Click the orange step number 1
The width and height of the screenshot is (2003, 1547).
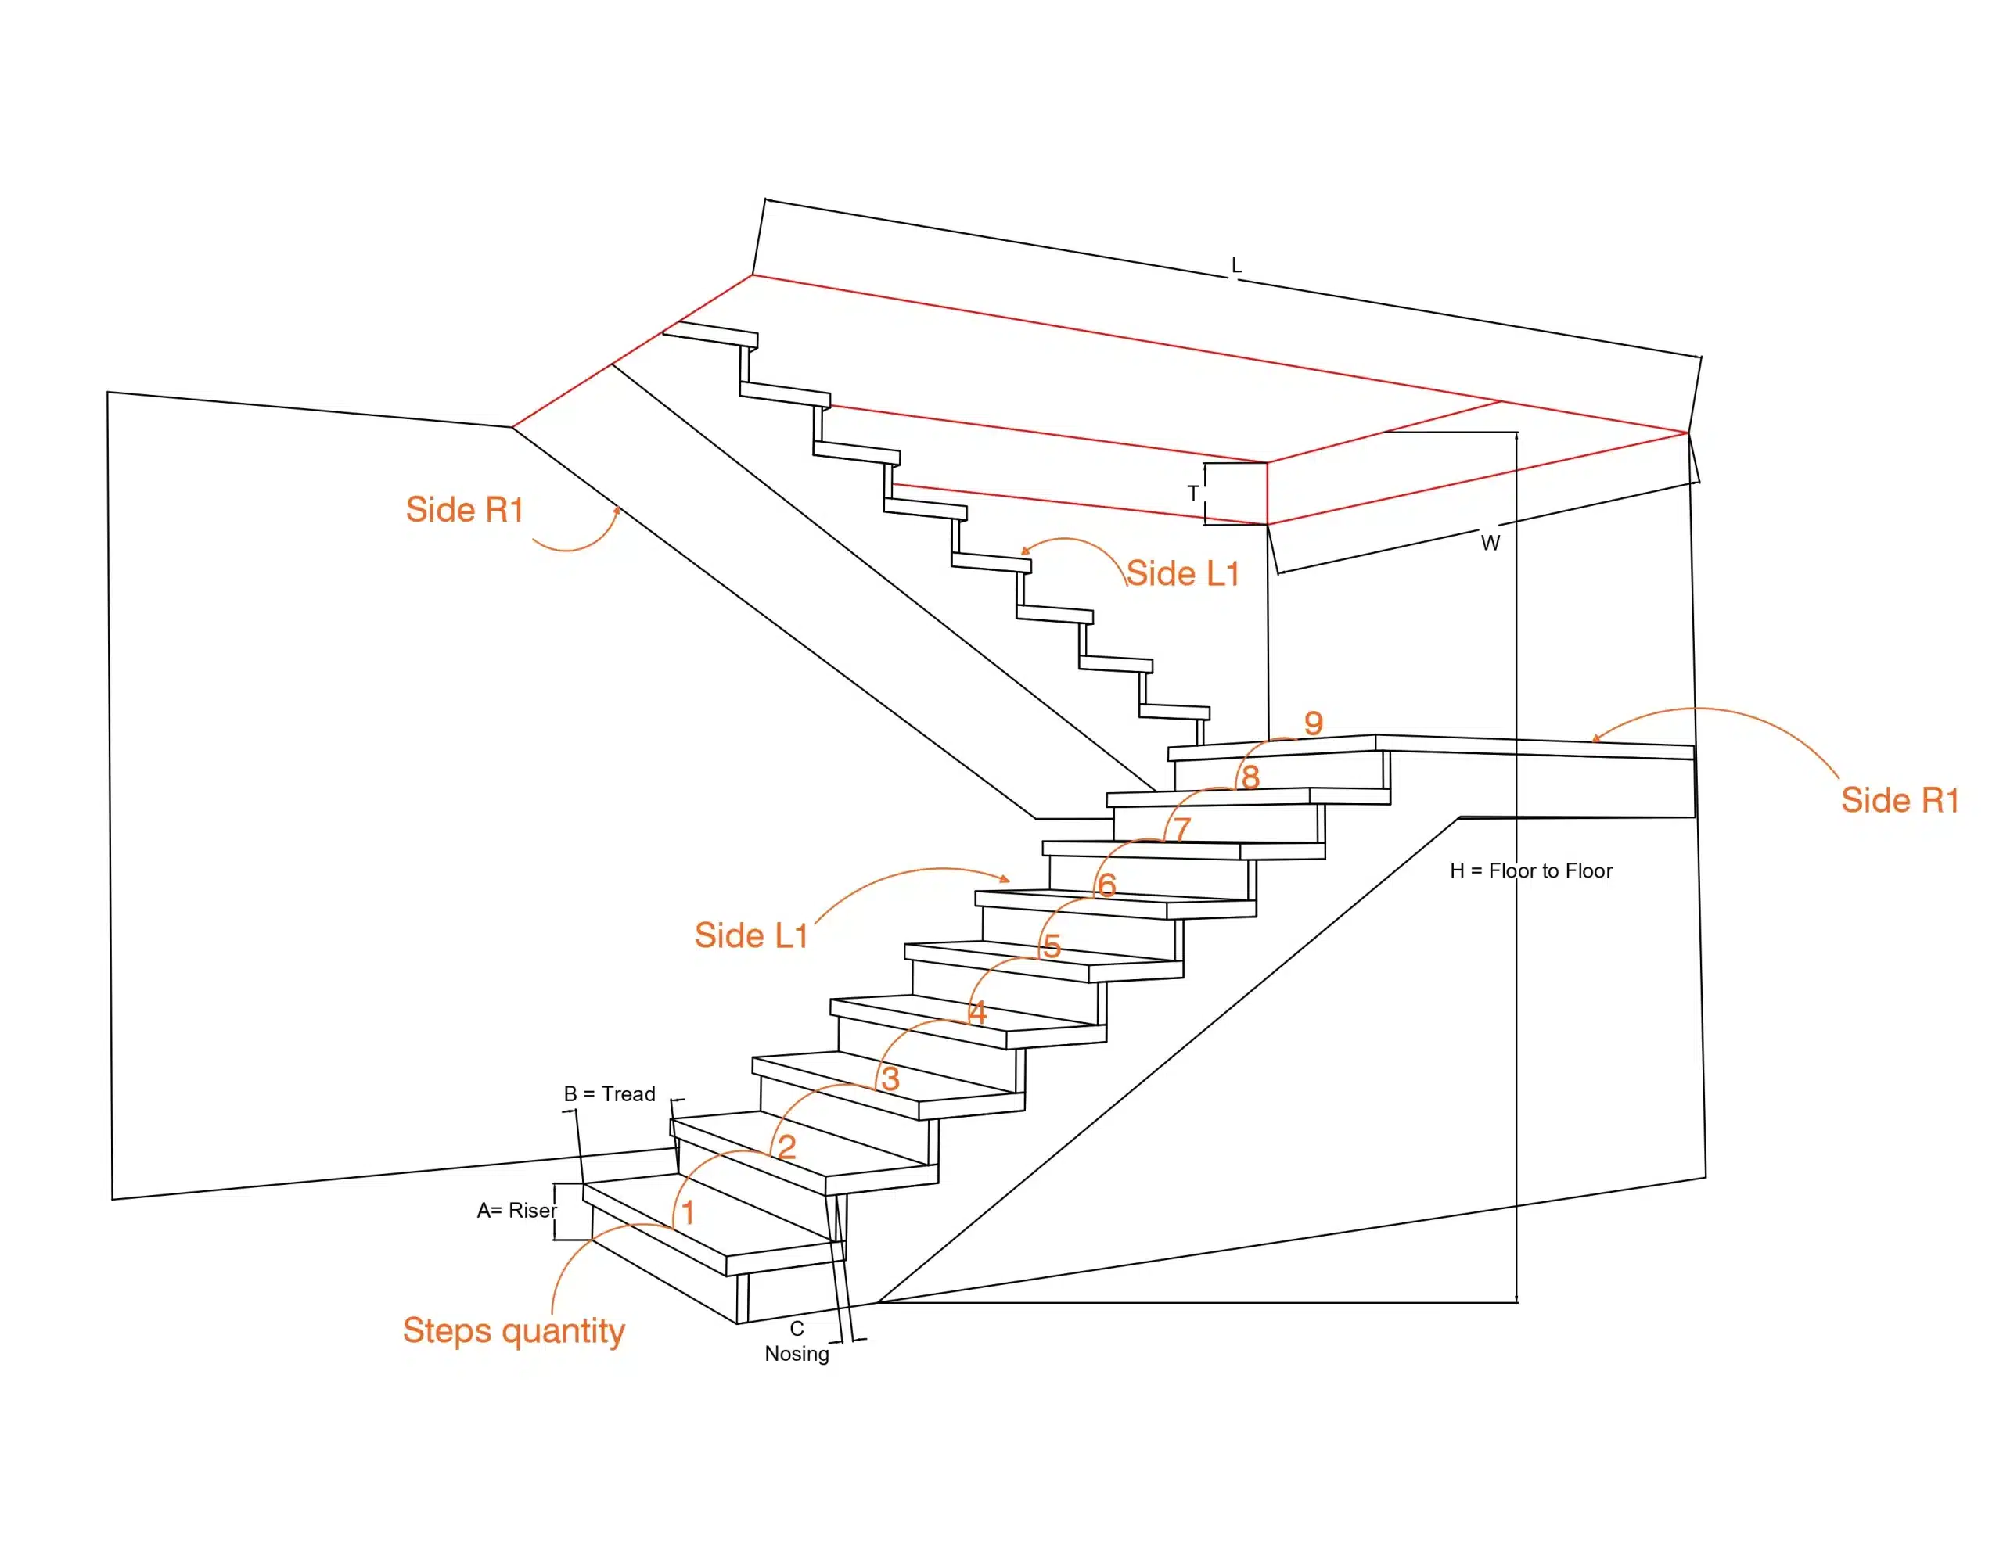(688, 1213)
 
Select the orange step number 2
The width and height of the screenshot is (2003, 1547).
(786, 1147)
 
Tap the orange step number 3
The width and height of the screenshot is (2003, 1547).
(890, 1079)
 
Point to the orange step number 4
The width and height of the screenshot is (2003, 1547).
(978, 1012)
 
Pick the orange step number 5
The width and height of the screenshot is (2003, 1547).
(1051, 946)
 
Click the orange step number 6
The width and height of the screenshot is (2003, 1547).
(1107, 884)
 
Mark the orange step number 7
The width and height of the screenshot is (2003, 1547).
(1182, 829)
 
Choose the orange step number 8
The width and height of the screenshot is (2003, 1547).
(1250, 777)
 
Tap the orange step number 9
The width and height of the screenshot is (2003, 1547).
(1314, 723)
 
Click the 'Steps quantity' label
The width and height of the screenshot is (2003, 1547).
(513, 1330)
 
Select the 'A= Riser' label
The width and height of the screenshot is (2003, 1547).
(516, 1211)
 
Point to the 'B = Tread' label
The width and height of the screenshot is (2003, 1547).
(609, 1094)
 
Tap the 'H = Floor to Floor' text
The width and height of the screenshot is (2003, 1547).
(1530, 870)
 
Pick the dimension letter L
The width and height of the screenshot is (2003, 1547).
(1236, 265)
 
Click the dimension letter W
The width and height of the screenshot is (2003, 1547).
(1491, 543)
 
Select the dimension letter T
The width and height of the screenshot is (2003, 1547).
(1192, 494)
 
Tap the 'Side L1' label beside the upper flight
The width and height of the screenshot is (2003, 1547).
(1182, 573)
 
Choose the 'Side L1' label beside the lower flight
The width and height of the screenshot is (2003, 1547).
(750, 935)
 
